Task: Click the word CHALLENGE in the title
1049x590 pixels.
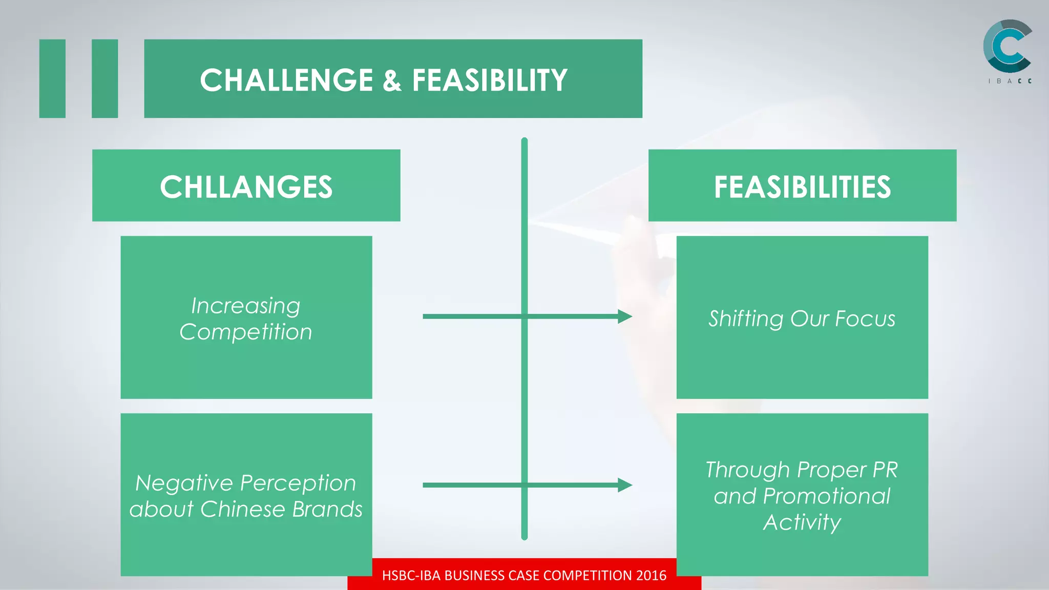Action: coord(286,80)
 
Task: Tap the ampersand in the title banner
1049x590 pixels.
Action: coord(392,80)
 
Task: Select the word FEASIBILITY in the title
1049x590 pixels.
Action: coord(490,80)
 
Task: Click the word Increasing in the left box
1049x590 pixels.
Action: coord(246,306)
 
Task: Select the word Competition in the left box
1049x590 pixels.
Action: coord(246,332)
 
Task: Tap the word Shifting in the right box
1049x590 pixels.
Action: coord(746,319)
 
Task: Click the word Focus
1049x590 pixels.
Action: coord(865,319)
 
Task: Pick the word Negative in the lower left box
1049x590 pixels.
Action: coord(184,483)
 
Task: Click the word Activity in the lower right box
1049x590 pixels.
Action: coord(802,522)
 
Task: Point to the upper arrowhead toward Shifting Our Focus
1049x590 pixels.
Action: coord(624,317)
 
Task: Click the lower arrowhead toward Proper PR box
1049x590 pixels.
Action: coord(624,485)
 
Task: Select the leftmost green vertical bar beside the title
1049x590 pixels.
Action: coord(52,78)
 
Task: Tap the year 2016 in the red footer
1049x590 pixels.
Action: coord(651,575)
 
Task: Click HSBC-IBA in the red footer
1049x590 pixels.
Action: coord(411,575)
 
